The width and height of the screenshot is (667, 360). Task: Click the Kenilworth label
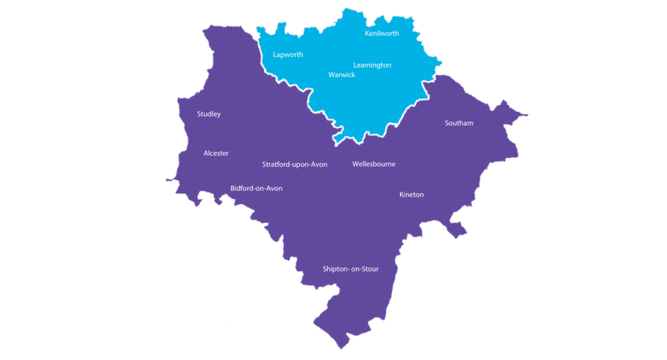coord(381,33)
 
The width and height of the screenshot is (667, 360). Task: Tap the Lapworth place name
coord(288,55)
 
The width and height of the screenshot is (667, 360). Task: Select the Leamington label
coord(372,65)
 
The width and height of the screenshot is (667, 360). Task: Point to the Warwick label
coord(341,75)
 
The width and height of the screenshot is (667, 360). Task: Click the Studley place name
coord(208,114)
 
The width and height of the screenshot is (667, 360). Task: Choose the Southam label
coord(459,123)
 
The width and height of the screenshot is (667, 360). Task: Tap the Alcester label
coord(216,154)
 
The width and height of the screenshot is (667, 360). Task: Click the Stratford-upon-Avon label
coord(295,165)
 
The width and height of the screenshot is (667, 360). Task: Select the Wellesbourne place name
coord(374,165)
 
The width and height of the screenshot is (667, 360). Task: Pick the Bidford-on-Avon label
coord(256,188)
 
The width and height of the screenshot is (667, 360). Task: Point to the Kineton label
coord(411,195)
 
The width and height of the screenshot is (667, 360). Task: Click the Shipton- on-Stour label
coord(351,269)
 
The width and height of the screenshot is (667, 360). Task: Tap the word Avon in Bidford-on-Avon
coord(274,188)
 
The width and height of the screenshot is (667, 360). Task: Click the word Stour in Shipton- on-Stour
coord(369,269)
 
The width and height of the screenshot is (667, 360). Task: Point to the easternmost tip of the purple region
coord(527,115)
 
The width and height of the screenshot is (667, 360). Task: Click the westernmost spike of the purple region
coord(167,180)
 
